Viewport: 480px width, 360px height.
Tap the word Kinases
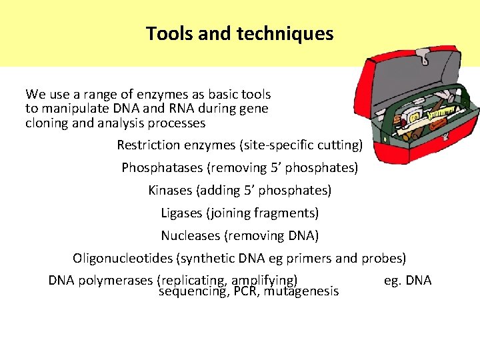(170, 190)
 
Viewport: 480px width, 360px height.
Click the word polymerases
(115, 280)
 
